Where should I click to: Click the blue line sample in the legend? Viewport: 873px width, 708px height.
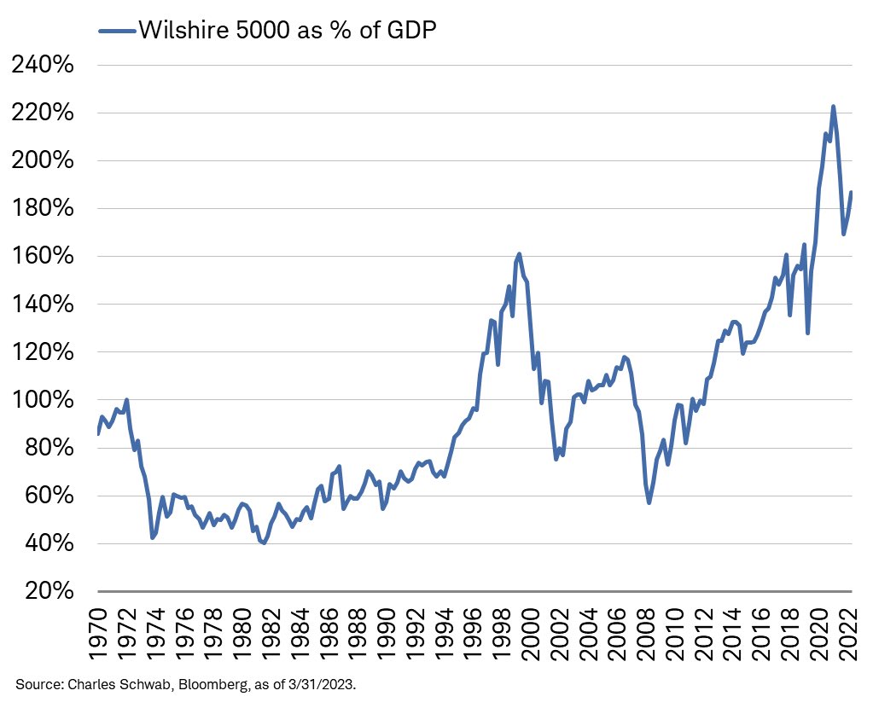117,31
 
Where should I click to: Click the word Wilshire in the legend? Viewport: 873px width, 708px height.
184,31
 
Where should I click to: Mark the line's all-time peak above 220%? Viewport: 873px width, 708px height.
833,107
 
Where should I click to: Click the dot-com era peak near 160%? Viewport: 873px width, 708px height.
519,254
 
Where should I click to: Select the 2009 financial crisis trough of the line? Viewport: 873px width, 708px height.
649,502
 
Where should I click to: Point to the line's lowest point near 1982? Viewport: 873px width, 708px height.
264,543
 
